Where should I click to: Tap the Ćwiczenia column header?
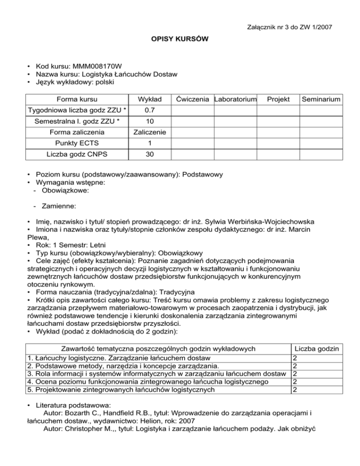click(192, 100)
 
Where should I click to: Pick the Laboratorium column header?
click(235, 100)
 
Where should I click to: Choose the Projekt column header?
click(277, 100)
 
